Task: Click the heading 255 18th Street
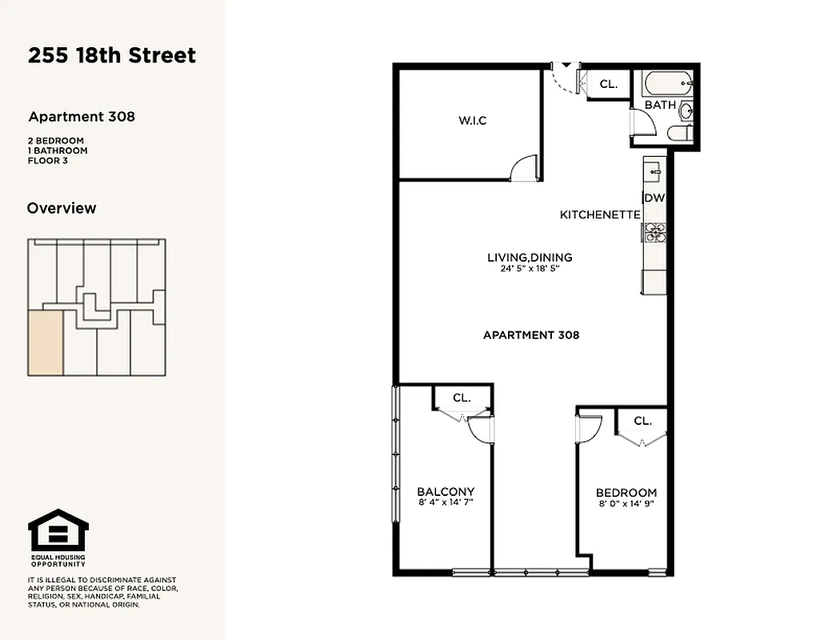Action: click(112, 55)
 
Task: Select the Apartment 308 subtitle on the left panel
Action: click(82, 117)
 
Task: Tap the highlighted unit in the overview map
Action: click(46, 343)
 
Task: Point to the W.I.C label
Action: click(472, 121)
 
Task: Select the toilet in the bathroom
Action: click(682, 134)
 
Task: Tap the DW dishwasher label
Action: click(654, 198)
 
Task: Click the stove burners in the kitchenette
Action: click(654, 232)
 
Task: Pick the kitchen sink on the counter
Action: click(654, 170)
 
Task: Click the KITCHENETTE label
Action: click(600, 215)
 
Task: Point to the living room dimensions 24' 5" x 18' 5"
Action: click(530, 270)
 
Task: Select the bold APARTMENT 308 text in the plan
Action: click(531, 335)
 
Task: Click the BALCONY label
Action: click(446, 492)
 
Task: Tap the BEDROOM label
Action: click(626, 493)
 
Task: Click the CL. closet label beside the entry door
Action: click(609, 84)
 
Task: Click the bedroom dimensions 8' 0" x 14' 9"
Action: click(626, 504)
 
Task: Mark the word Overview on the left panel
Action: click(62, 208)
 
